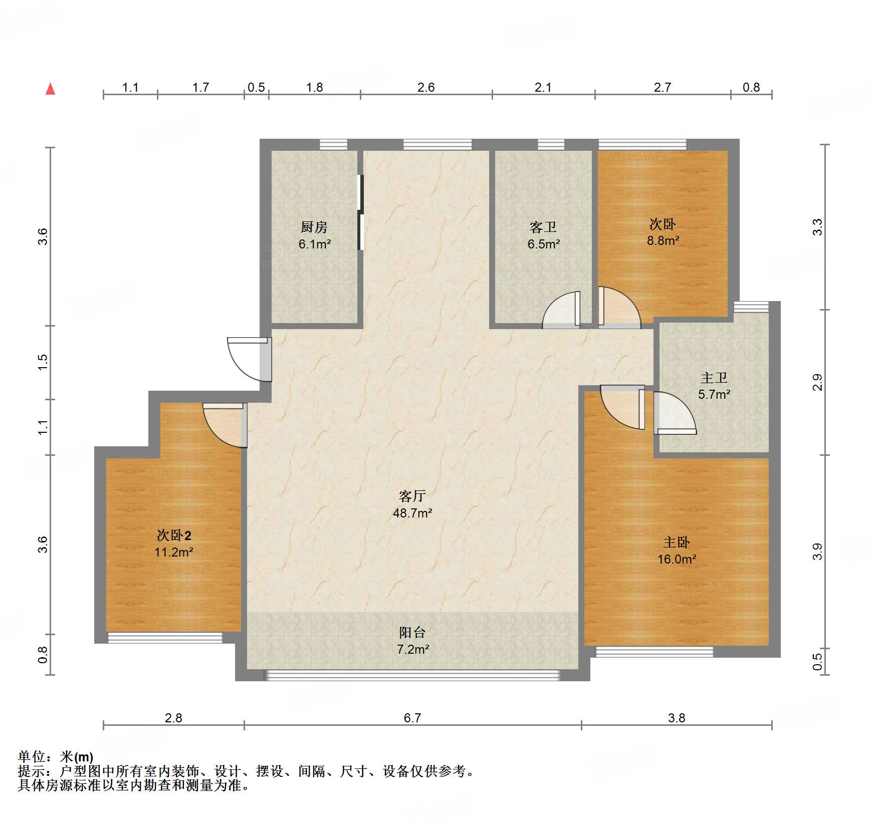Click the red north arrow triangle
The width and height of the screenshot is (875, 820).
pyautogui.click(x=50, y=89)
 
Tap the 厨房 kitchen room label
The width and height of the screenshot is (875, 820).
pyautogui.click(x=314, y=227)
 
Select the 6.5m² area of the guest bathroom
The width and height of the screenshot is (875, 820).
pyautogui.click(x=544, y=244)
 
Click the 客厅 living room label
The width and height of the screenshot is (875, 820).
pyautogui.click(x=412, y=496)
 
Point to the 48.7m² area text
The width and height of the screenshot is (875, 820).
pyautogui.click(x=412, y=513)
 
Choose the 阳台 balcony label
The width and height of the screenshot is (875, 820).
pyautogui.click(x=412, y=632)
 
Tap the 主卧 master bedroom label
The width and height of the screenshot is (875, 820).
pyautogui.click(x=677, y=542)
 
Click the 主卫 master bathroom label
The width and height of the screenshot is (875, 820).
pyautogui.click(x=714, y=377)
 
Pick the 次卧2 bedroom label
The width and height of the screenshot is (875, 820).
pyautogui.click(x=174, y=535)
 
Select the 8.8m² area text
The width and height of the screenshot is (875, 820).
pyautogui.click(x=663, y=240)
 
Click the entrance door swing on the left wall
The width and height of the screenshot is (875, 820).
pyautogui.click(x=249, y=359)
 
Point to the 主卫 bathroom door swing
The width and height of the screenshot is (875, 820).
pyautogui.click(x=675, y=413)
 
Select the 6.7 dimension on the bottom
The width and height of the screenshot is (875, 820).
pyautogui.click(x=412, y=718)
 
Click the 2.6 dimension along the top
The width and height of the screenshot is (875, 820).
pyautogui.click(x=426, y=87)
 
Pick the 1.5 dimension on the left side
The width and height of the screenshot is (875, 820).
pyautogui.click(x=43, y=362)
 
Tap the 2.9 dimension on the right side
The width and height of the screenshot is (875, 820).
pyautogui.click(x=817, y=383)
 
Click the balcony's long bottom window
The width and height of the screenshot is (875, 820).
pyautogui.click(x=412, y=675)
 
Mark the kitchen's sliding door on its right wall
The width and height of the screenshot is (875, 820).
pyautogui.click(x=360, y=212)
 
